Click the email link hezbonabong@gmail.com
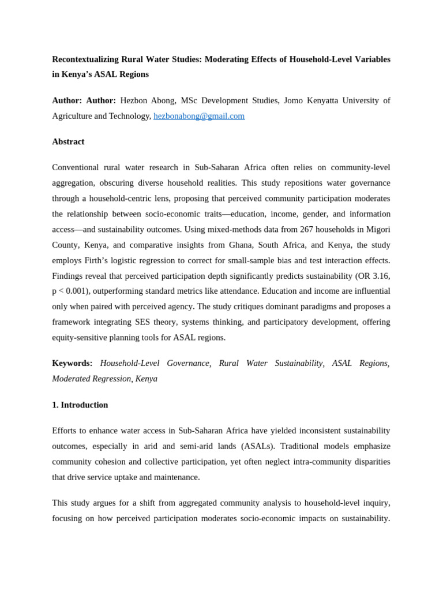(x=199, y=116)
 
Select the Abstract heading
(x=68, y=142)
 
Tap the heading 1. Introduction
(x=80, y=405)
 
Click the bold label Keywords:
(x=72, y=363)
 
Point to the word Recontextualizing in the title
(x=85, y=59)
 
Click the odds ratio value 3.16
(x=380, y=276)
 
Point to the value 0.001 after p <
(x=81, y=291)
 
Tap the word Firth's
(x=98, y=260)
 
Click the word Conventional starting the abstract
(x=74, y=167)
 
